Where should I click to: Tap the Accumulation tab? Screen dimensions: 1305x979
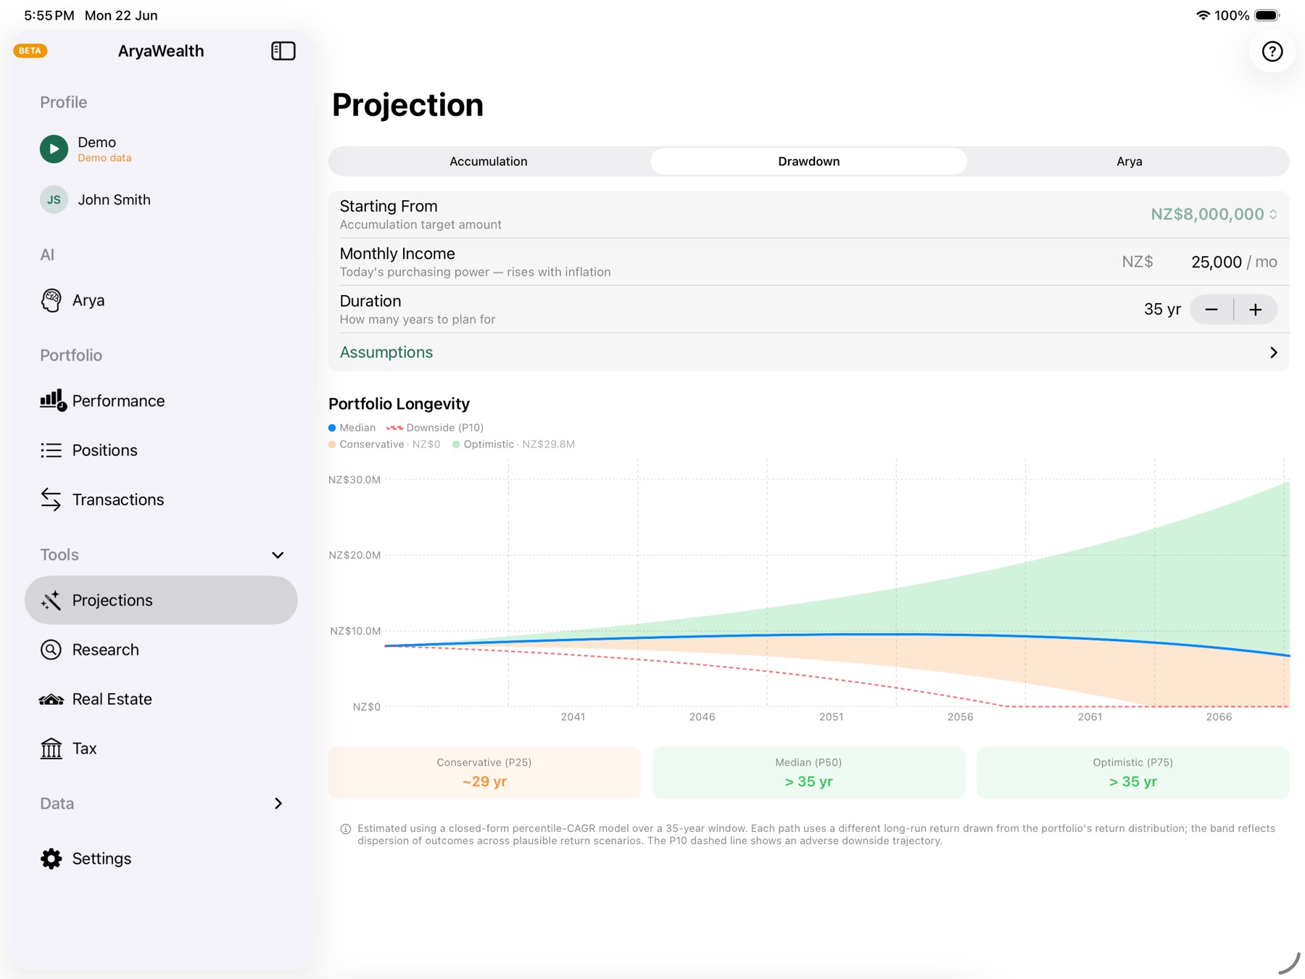(x=488, y=161)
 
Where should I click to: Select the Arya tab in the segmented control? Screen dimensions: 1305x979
(x=1129, y=161)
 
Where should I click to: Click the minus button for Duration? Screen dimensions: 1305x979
(x=1211, y=310)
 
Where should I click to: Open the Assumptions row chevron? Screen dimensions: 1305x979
(x=1274, y=352)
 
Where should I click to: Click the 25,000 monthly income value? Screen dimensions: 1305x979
(x=1216, y=262)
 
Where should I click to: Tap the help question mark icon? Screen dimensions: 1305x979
(x=1272, y=51)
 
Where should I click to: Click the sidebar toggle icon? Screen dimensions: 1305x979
(x=283, y=51)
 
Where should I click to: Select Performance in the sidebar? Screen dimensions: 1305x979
(x=118, y=401)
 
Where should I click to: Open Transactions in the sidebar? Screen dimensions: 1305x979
(x=118, y=500)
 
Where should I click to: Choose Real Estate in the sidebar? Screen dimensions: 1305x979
(x=112, y=699)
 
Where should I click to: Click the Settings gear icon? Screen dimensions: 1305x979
(x=51, y=859)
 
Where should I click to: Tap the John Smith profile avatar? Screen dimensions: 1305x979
(x=54, y=199)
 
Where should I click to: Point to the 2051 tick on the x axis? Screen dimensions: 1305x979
(x=831, y=716)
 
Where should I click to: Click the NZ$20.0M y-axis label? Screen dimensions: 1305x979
(x=355, y=555)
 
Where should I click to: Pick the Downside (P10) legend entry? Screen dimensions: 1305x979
(x=435, y=428)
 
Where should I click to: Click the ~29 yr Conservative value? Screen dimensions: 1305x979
(x=484, y=782)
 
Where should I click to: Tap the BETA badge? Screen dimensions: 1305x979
(x=30, y=51)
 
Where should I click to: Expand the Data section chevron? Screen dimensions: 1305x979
(x=278, y=804)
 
